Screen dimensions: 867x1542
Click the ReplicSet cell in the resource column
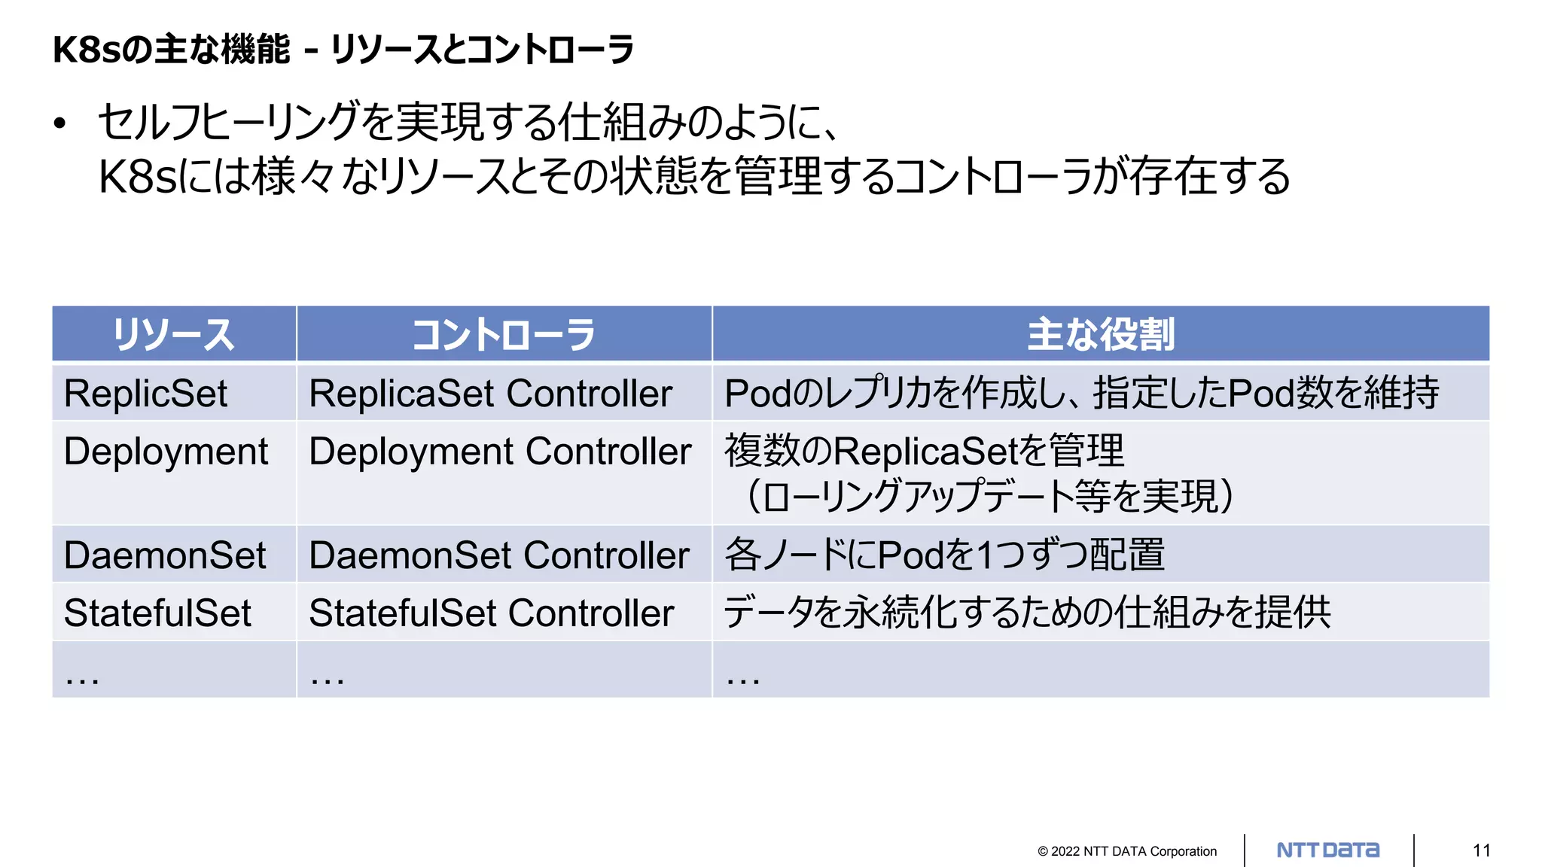tap(145, 394)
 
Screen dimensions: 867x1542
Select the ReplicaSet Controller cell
tap(490, 394)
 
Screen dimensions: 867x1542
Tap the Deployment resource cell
tap(166, 452)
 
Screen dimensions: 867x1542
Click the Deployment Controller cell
tap(500, 452)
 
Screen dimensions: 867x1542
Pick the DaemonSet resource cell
tap(165, 555)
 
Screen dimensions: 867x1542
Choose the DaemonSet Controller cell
tap(499, 555)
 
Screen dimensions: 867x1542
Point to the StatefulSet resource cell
tap(157, 613)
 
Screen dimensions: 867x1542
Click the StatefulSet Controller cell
tap(491, 613)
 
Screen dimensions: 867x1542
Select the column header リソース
tap(174, 334)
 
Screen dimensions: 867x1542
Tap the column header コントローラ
tap(504, 334)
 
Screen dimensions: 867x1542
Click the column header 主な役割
tap(1101, 334)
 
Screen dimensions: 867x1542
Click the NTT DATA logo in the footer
tap(1328, 850)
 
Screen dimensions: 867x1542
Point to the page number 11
tap(1482, 850)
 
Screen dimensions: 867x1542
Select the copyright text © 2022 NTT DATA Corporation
tap(1127, 851)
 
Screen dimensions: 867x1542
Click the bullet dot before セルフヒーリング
tap(60, 123)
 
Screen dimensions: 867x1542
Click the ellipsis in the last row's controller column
tap(328, 678)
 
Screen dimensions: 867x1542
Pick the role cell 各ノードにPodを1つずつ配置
tap(944, 555)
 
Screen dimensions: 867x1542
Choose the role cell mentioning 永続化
tap(1027, 613)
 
